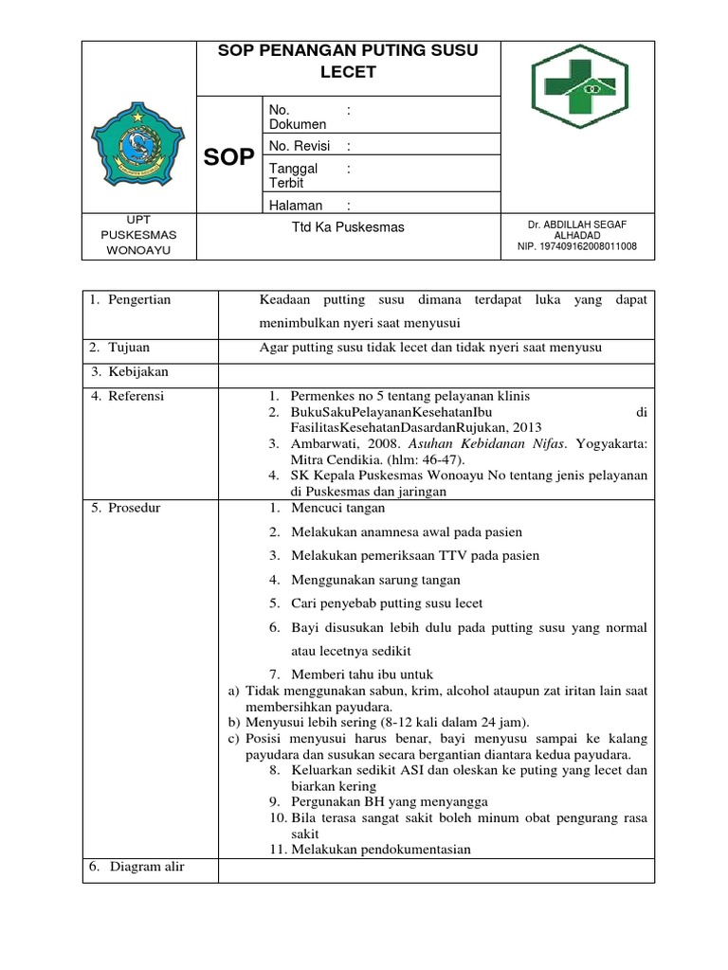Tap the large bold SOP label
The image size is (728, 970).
[x=228, y=157]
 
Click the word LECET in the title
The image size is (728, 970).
[x=348, y=72]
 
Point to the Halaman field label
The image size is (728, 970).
[x=296, y=205]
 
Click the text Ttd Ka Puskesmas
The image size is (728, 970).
[x=348, y=227]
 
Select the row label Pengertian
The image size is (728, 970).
[x=136, y=299]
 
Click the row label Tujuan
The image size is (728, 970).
[x=128, y=348]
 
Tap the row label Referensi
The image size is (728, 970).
[x=135, y=396]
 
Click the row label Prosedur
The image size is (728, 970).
[x=133, y=508]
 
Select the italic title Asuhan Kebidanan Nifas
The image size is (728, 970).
[x=498, y=443]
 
